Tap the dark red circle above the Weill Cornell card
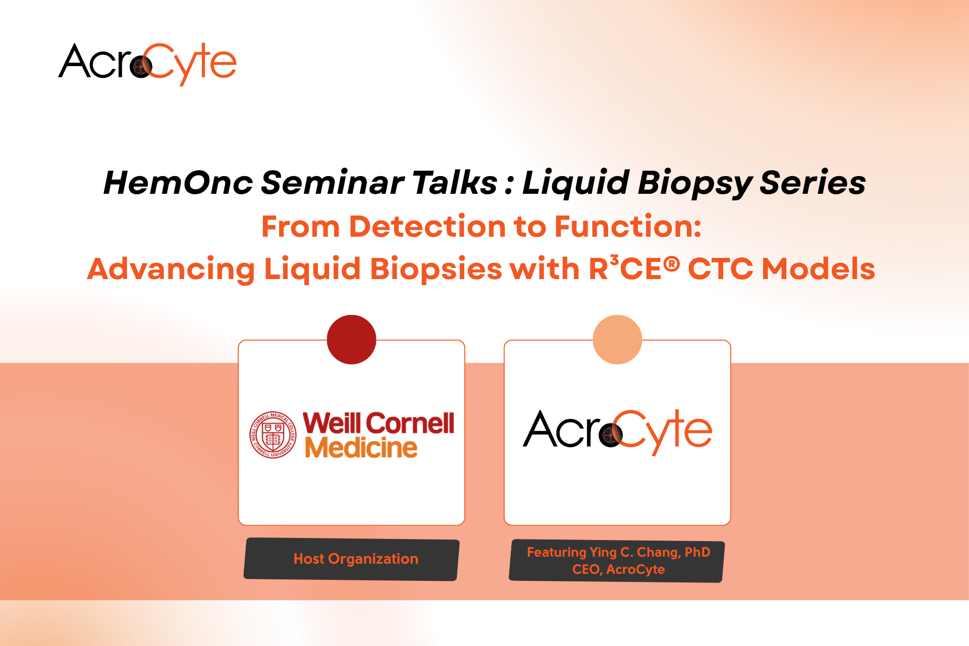point(352,340)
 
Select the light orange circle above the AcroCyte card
point(617,340)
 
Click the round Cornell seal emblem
point(273,435)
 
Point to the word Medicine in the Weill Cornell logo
point(361,448)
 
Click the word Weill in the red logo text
point(332,423)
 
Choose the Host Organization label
point(356,559)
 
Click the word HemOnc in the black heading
point(178,182)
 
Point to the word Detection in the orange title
point(427,226)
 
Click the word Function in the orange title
point(628,226)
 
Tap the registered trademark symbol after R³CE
point(671,264)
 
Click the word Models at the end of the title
point(818,268)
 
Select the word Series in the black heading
point(813,182)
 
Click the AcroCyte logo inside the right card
point(618,432)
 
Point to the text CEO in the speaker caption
point(586,569)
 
